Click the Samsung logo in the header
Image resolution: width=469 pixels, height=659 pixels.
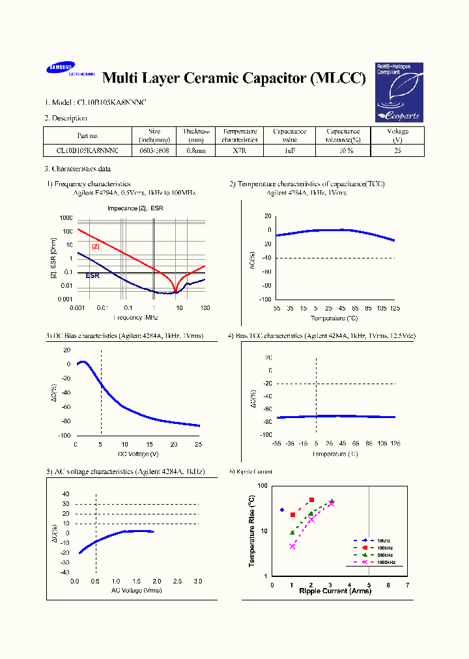[x=60, y=68]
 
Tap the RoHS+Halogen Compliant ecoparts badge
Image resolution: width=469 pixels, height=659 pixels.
[x=399, y=92]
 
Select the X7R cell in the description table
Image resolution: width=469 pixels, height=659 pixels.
[x=239, y=150]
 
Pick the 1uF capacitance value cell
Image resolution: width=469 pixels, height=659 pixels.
[x=290, y=150]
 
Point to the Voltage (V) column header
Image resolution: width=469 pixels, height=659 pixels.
[x=397, y=135]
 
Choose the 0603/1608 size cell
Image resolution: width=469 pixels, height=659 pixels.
[x=154, y=150]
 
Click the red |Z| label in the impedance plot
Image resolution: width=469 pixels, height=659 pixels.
[x=95, y=246]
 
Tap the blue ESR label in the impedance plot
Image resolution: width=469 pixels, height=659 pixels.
[x=92, y=275]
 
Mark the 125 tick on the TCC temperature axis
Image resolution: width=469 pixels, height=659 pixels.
[x=394, y=307]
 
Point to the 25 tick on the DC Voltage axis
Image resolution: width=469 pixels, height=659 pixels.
[x=198, y=444]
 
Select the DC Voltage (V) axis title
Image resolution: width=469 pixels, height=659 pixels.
[x=138, y=453]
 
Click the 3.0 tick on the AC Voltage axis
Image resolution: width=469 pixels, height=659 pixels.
[x=198, y=581]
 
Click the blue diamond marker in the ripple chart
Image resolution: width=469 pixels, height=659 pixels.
[x=282, y=510]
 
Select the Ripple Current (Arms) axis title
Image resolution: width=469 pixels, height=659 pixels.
[x=335, y=591]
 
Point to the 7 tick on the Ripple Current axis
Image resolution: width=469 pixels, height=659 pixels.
[x=407, y=585]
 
